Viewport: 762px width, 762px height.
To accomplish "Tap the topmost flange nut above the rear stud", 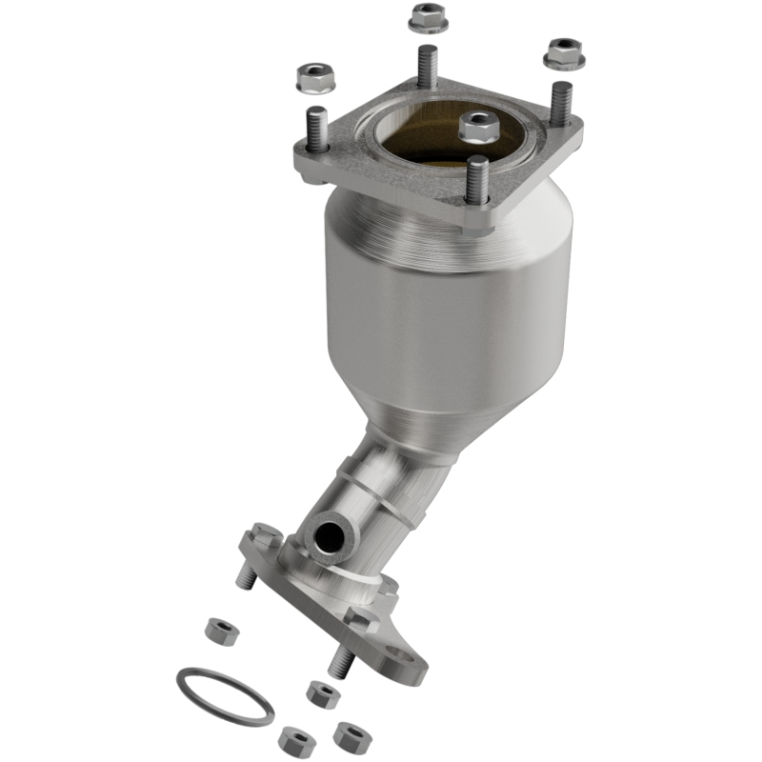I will (x=428, y=17).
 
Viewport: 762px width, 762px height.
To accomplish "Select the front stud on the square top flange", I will (x=477, y=181).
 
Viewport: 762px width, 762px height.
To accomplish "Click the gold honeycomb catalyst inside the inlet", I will (x=419, y=143).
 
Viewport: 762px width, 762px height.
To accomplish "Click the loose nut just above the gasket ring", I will (x=220, y=629).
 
